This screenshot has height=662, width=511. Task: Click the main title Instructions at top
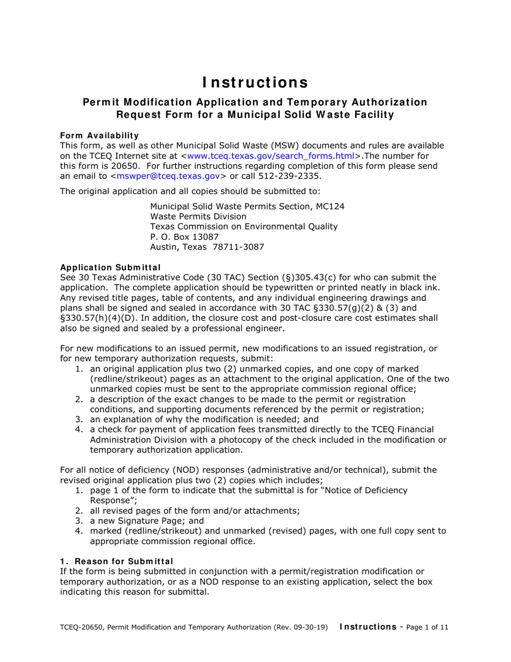click(255, 82)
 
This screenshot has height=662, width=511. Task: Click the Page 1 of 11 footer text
click(424, 627)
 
